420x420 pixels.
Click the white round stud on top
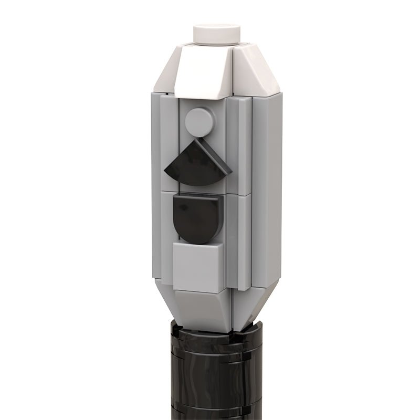(217, 33)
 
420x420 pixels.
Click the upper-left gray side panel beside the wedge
(166, 142)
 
